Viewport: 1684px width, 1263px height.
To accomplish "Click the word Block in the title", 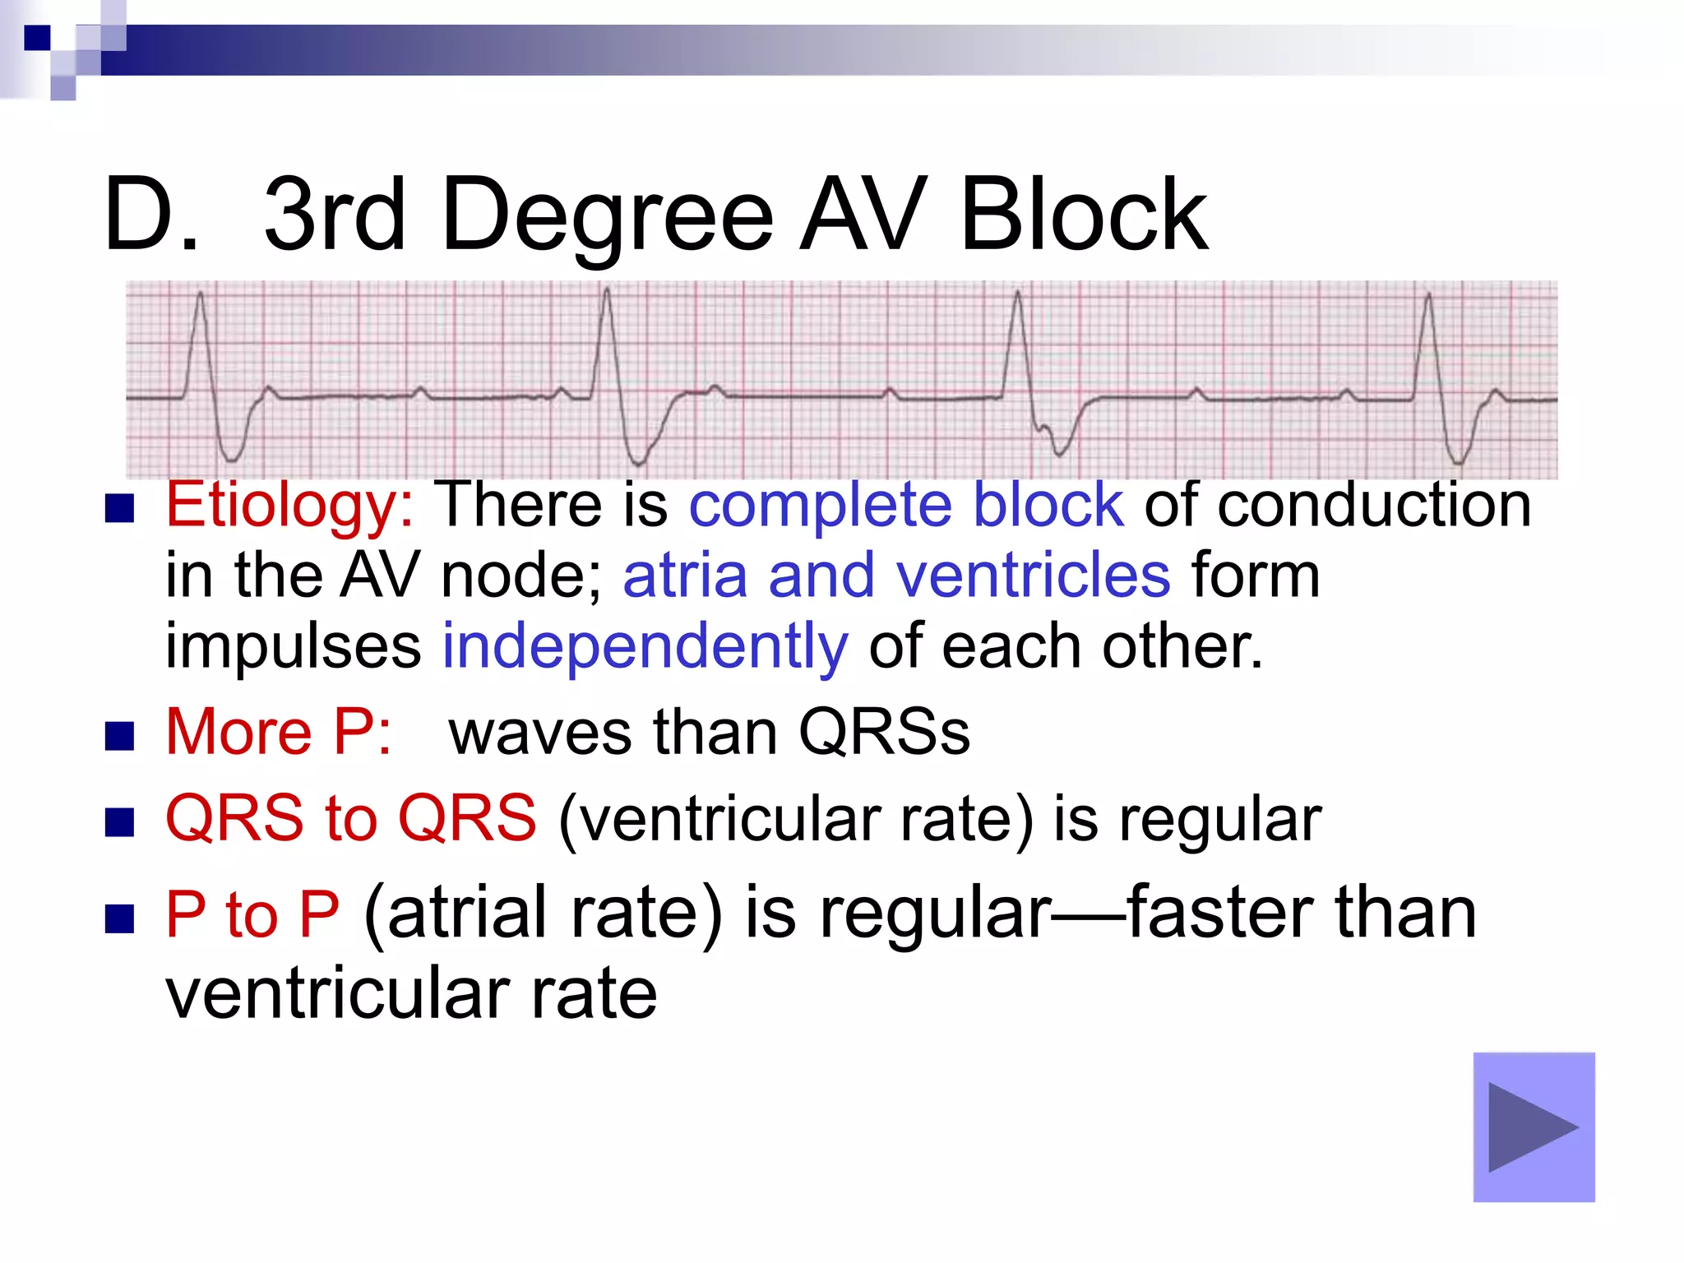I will pyautogui.click(x=1084, y=215).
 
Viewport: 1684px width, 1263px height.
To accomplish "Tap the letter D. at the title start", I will pyautogui.click(x=152, y=215).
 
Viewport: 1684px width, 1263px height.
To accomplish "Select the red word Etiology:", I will pyautogui.click(x=290, y=504).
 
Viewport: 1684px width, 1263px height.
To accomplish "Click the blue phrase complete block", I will pyautogui.click(x=905, y=504).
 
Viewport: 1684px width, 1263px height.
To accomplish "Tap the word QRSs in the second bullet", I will pyautogui.click(x=884, y=732).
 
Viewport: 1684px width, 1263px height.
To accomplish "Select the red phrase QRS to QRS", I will pyautogui.click(x=351, y=819).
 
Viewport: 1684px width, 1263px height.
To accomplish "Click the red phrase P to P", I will pyautogui.click(x=252, y=914).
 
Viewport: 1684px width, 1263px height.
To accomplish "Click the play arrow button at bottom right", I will pyautogui.click(x=1534, y=1127).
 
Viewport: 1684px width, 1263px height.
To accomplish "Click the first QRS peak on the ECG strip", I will pyautogui.click(x=201, y=294).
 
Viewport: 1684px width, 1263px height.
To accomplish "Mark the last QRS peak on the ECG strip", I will pyautogui.click(x=1429, y=294).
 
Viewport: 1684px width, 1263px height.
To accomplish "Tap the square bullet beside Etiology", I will pyautogui.click(x=120, y=510).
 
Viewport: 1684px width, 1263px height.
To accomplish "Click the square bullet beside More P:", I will pyautogui.click(x=120, y=737).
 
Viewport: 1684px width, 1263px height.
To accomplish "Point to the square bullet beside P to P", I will pyautogui.click(x=120, y=918).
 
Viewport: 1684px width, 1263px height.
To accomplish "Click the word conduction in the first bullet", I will pyautogui.click(x=1374, y=504).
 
